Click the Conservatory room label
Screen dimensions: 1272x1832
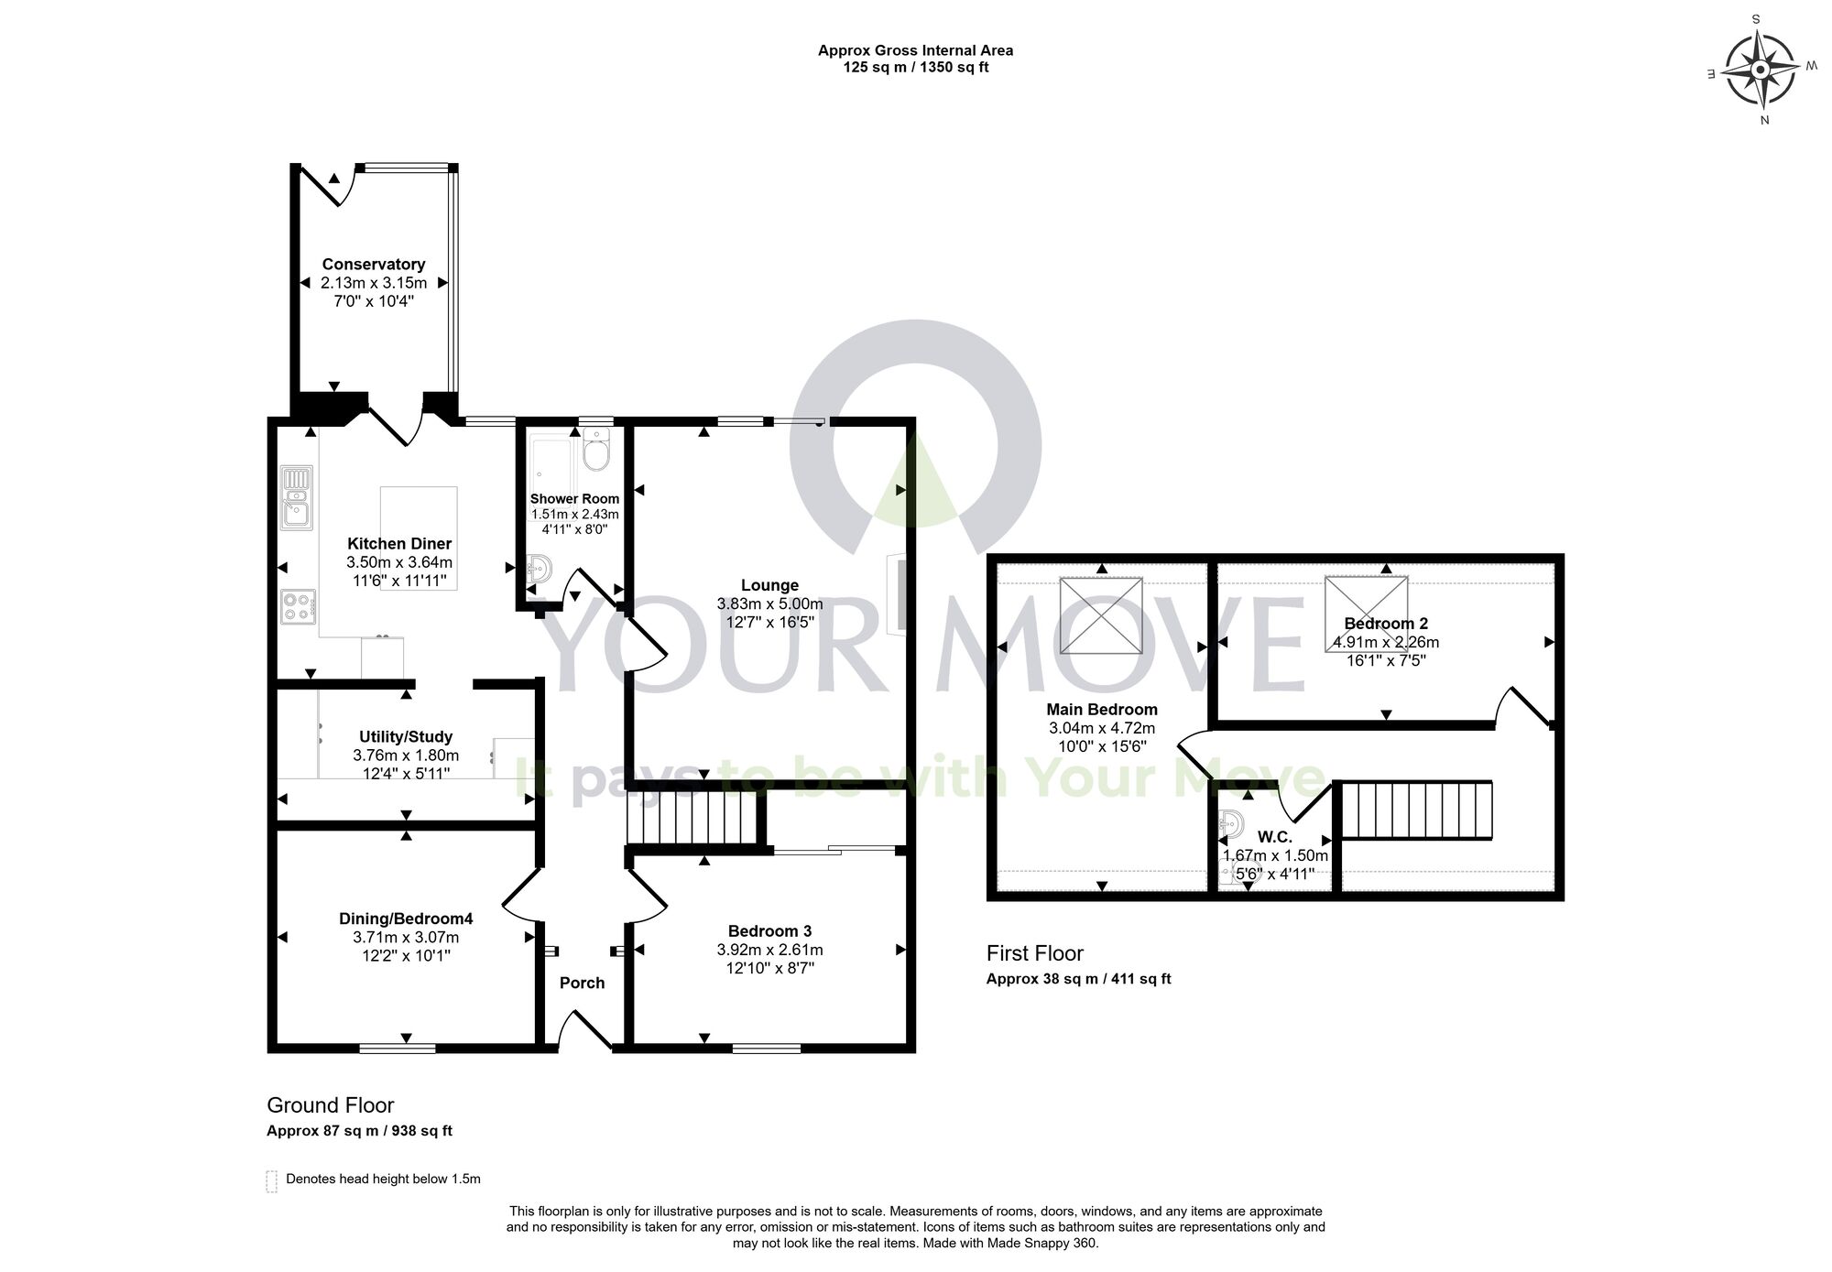pyautogui.click(x=373, y=265)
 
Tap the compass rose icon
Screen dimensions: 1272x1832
pyautogui.click(x=1760, y=71)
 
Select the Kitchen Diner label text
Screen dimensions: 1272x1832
pyautogui.click(x=399, y=544)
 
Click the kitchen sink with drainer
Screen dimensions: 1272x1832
pyautogui.click(x=297, y=497)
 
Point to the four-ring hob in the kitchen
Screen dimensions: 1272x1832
pyautogui.click(x=298, y=606)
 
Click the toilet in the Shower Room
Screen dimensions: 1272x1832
pyautogui.click(x=596, y=449)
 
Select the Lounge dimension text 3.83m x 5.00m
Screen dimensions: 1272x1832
pyautogui.click(x=769, y=604)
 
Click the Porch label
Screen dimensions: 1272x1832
pyautogui.click(x=582, y=983)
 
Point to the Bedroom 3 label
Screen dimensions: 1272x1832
pyautogui.click(x=769, y=931)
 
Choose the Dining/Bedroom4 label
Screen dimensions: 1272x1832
pyautogui.click(x=406, y=919)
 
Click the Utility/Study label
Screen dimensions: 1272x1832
pyautogui.click(x=405, y=736)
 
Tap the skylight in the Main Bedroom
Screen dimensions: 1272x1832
pyautogui.click(x=1101, y=614)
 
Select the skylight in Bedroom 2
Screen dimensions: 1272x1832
pyautogui.click(x=1367, y=613)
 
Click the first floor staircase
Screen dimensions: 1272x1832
pyautogui.click(x=1416, y=810)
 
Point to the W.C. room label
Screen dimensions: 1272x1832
pyautogui.click(x=1274, y=837)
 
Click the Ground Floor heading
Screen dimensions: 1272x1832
pyautogui.click(x=330, y=1105)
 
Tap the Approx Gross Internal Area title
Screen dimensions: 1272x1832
pyautogui.click(x=915, y=51)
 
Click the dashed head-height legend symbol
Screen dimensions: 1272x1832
pyautogui.click(x=271, y=1180)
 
